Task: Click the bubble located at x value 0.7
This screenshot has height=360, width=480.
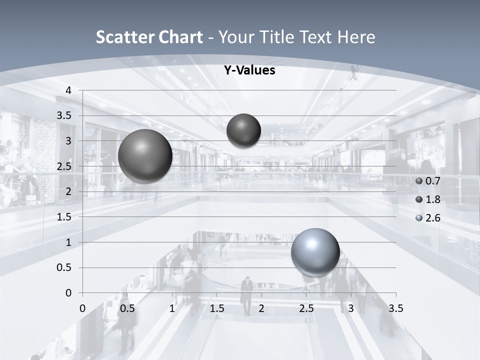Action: coord(145,156)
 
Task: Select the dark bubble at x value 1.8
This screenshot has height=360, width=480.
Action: coord(243,130)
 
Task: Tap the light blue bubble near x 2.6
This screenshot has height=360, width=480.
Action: coord(315,252)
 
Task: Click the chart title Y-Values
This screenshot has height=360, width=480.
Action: coord(249,70)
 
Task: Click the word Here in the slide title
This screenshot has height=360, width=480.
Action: coord(356,37)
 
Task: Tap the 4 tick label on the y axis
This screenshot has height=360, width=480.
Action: coord(69,90)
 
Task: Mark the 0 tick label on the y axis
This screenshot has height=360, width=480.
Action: coord(69,293)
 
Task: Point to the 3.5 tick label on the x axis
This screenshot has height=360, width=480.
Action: coord(396,308)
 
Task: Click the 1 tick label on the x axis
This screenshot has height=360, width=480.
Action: coord(172,308)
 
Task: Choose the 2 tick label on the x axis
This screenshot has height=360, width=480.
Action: coord(261,308)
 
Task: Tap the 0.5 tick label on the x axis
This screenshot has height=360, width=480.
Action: coord(127,308)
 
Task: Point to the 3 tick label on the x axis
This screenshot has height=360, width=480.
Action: coord(351,308)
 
